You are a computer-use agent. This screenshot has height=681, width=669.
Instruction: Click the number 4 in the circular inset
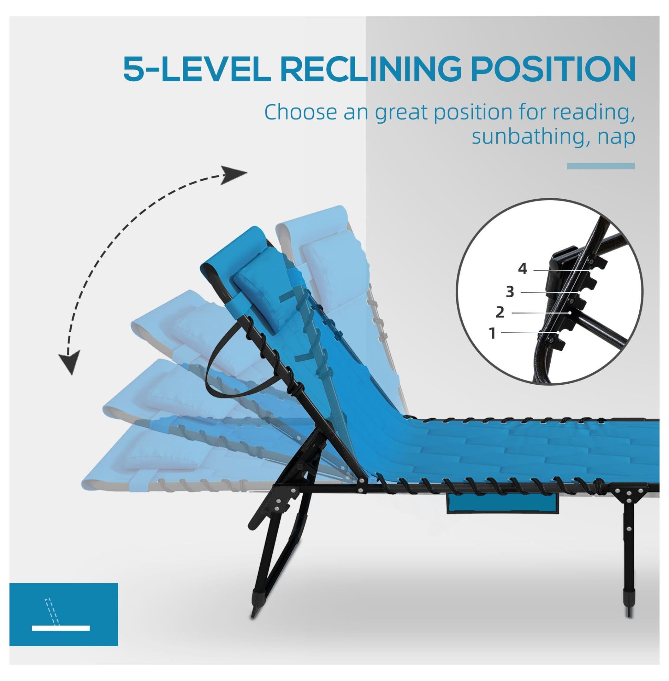523,269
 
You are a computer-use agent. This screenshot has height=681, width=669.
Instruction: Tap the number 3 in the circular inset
510,292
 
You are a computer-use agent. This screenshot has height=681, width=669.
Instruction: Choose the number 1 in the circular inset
492,333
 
